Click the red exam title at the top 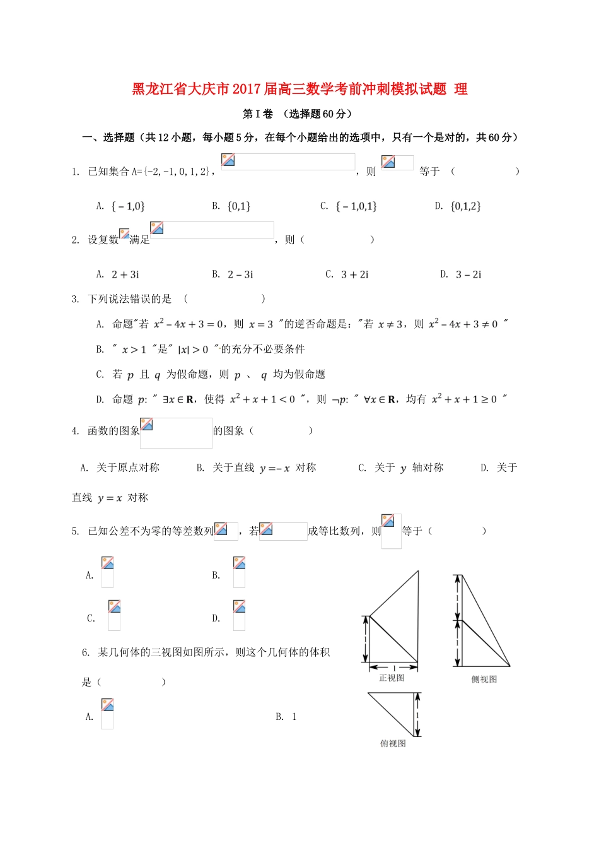299,89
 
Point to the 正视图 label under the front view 392,678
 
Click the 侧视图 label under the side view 484,679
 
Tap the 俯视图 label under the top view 393,744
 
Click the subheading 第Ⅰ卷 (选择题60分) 297,114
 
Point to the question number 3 75,299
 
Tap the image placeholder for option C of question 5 114,615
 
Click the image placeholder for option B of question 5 239,572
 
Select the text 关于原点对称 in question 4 128,468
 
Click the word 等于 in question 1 429,172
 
